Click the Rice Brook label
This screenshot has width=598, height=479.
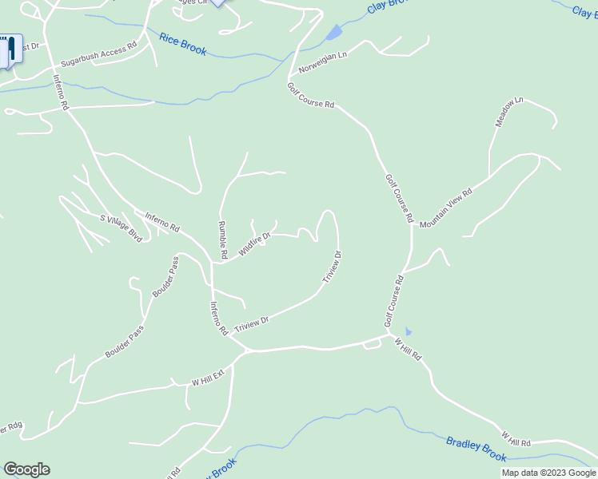pos(182,44)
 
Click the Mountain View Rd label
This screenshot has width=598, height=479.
pos(446,208)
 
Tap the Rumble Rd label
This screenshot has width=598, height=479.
pos(223,239)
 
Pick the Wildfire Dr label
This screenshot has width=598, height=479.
pos(255,241)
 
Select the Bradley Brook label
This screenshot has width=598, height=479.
pos(476,449)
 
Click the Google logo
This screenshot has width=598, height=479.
pos(26,469)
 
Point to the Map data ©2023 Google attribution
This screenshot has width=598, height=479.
pos(548,473)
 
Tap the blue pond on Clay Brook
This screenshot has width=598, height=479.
pos(333,33)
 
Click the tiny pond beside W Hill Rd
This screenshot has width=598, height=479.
pos(409,331)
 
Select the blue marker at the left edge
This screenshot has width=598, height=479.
pos(11,50)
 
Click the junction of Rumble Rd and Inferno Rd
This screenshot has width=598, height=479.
pos(213,262)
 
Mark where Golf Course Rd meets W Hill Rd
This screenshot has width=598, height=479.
pos(387,335)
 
